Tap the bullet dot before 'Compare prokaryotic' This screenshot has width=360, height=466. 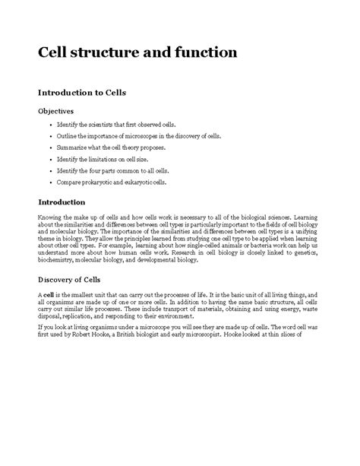click(x=49, y=183)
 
